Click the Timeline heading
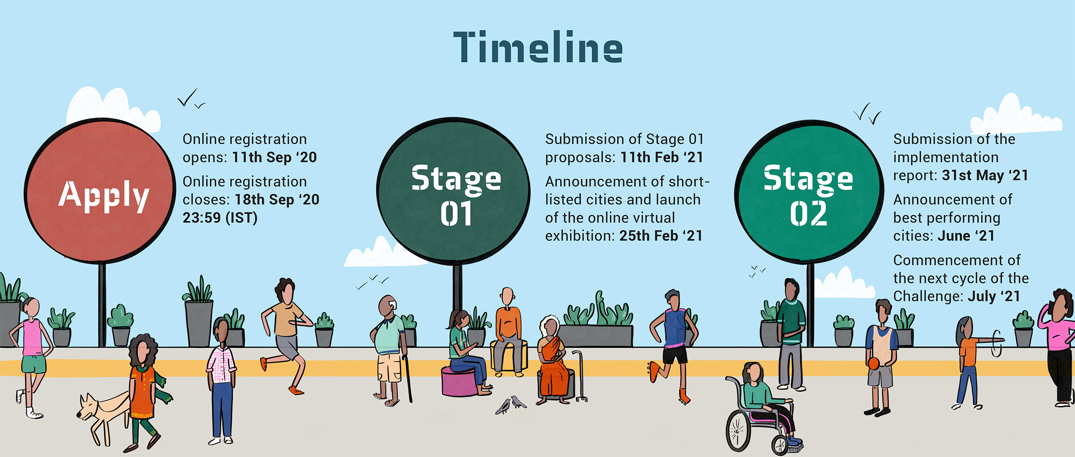pyautogui.click(x=538, y=47)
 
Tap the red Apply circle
pyautogui.click(x=100, y=191)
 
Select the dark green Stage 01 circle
pyautogui.click(x=453, y=191)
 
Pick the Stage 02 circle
pyautogui.click(x=809, y=192)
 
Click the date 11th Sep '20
pyautogui.click(x=274, y=157)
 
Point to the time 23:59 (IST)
pyautogui.click(x=220, y=218)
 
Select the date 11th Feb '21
pyautogui.click(x=662, y=157)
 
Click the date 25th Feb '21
pyautogui.click(x=661, y=235)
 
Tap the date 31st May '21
pyautogui.click(x=985, y=175)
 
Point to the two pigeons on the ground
pyautogui.click(x=511, y=405)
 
